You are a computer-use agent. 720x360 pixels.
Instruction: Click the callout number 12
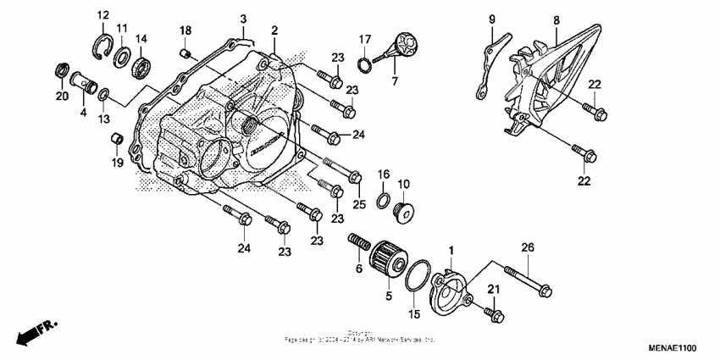pyautogui.click(x=102, y=16)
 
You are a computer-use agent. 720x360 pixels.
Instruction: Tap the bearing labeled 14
pyautogui.click(x=140, y=61)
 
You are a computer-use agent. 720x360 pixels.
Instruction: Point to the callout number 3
pyautogui.click(x=243, y=19)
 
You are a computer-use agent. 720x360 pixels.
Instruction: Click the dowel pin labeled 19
pyautogui.click(x=119, y=138)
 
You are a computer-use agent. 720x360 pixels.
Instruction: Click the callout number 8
pyautogui.click(x=556, y=19)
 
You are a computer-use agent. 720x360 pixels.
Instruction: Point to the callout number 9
pyautogui.click(x=491, y=19)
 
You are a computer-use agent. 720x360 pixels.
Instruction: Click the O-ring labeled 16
pyautogui.click(x=383, y=201)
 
